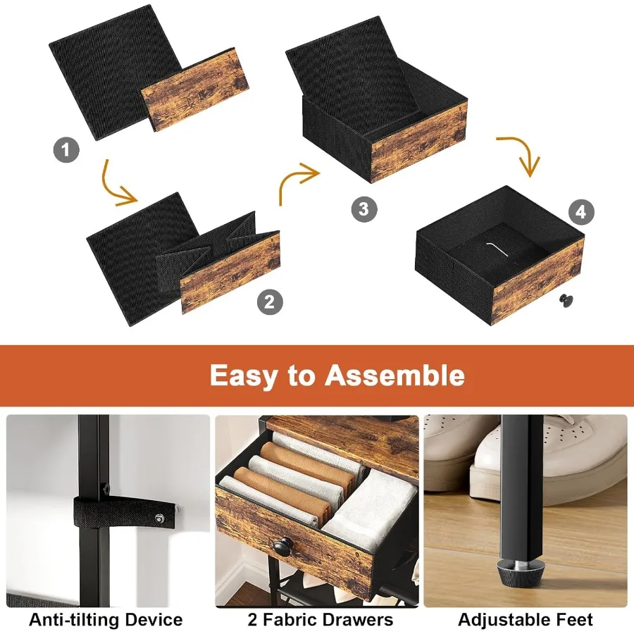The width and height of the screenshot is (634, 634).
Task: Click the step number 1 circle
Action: pyautogui.click(x=66, y=149)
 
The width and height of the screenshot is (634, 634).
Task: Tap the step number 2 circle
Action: pyautogui.click(x=270, y=303)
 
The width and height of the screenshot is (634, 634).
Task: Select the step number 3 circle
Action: pyautogui.click(x=363, y=209)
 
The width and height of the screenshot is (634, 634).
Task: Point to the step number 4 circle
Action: pyautogui.click(x=580, y=212)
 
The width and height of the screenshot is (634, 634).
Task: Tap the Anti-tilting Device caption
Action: pyautogui.click(x=106, y=620)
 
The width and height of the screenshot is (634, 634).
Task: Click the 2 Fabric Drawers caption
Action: pyautogui.click(x=320, y=620)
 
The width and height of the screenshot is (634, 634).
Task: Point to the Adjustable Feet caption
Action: pyautogui.click(x=526, y=620)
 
